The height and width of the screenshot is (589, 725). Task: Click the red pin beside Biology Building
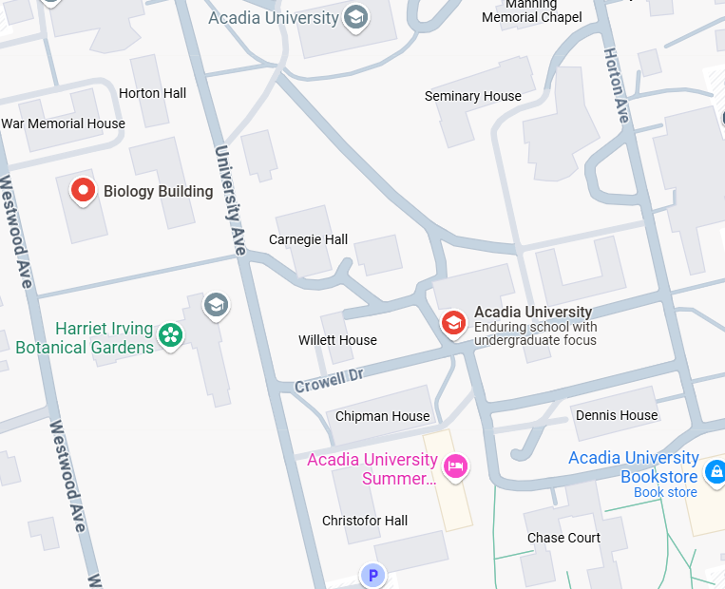coord(84,191)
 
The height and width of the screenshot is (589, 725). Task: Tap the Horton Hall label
coord(152,93)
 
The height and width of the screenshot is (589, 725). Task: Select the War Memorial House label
coord(63,123)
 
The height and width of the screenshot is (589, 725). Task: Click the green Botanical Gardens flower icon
coord(171,334)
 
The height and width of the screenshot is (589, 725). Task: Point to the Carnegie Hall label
coord(308,239)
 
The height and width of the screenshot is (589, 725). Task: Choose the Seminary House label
coord(472,96)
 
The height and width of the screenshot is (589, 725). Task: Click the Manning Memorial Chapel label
coord(531,11)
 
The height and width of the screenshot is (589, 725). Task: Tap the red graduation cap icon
coord(454,323)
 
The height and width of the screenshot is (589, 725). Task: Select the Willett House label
coord(337,340)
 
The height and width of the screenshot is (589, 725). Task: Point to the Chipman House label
coord(382,416)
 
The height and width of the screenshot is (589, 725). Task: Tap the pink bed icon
coord(457,465)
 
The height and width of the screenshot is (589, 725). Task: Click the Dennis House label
coord(616,415)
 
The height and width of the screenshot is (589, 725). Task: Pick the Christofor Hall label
coord(365,521)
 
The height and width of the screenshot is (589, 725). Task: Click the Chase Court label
coord(563,538)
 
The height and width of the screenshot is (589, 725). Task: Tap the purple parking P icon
coord(373,575)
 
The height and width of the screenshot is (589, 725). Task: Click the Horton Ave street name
coord(616,85)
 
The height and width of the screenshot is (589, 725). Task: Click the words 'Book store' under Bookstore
coord(665,492)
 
